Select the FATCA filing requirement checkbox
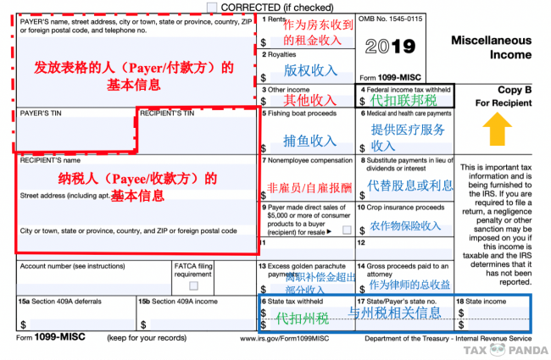[x=194, y=285]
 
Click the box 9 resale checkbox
[x=347, y=230]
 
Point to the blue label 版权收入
[x=309, y=72]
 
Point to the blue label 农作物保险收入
[x=405, y=227]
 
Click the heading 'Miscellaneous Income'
[x=491, y=48]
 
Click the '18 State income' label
[x=482, y=301]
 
